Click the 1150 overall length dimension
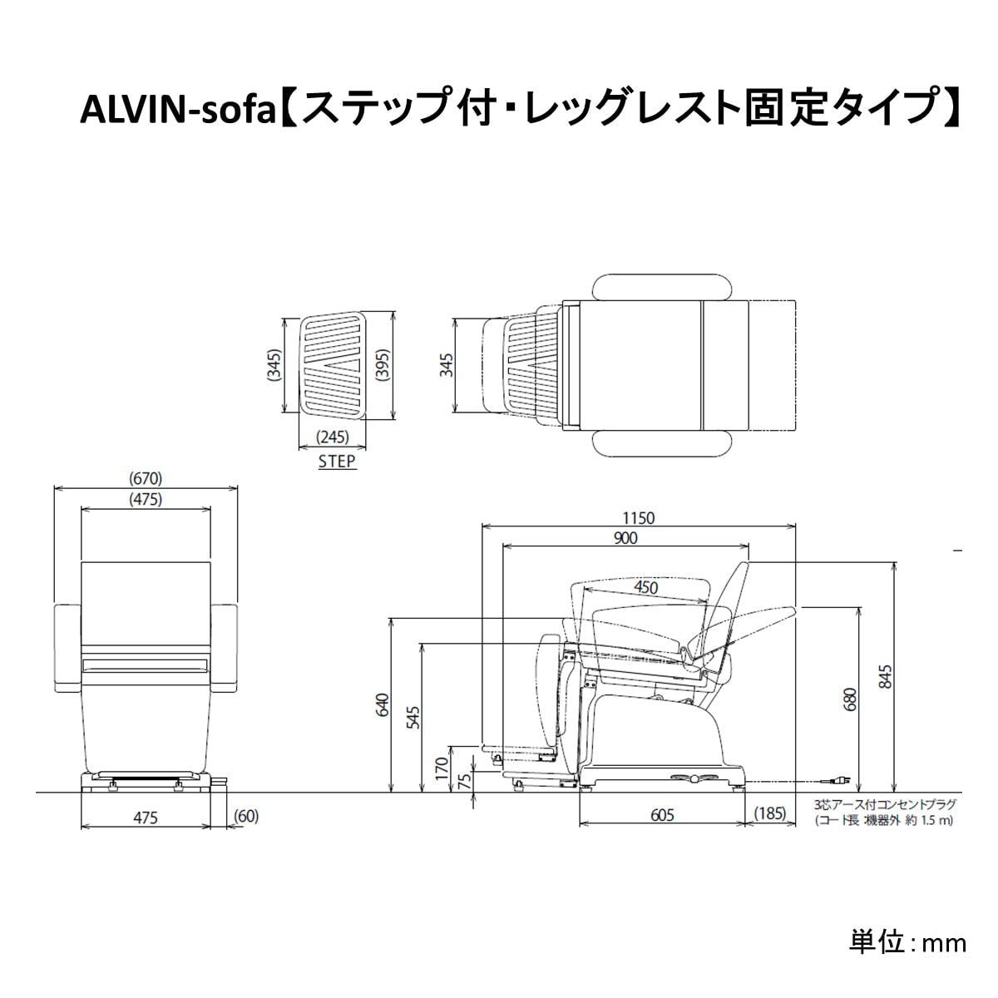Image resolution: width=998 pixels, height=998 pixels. click(639, 518)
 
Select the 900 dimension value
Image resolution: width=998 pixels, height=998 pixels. click(625, 539)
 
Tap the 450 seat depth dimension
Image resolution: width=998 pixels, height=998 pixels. click(645, 587)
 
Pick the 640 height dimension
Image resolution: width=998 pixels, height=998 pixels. click(382, 705)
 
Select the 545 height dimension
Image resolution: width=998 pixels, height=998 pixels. click(413, 717)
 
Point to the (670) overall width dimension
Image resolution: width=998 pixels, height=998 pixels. click(146, 478)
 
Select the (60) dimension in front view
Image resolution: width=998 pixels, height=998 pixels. click(246, 817)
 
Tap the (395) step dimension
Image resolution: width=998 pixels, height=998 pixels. click(382, 363)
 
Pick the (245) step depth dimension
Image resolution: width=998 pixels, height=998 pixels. click(333, 437)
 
